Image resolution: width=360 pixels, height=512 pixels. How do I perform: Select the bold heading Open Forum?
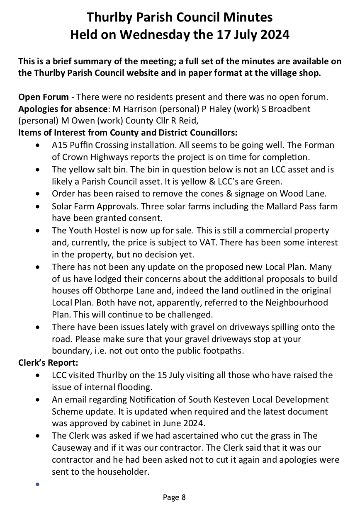tap(43, 97)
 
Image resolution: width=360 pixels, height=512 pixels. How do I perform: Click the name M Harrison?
tap(130, 109)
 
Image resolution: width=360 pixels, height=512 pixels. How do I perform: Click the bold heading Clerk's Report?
tap(48, 363)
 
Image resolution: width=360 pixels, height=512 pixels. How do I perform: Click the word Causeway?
tap(74, 448)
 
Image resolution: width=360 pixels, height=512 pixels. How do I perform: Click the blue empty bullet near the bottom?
tap(38, 484)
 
